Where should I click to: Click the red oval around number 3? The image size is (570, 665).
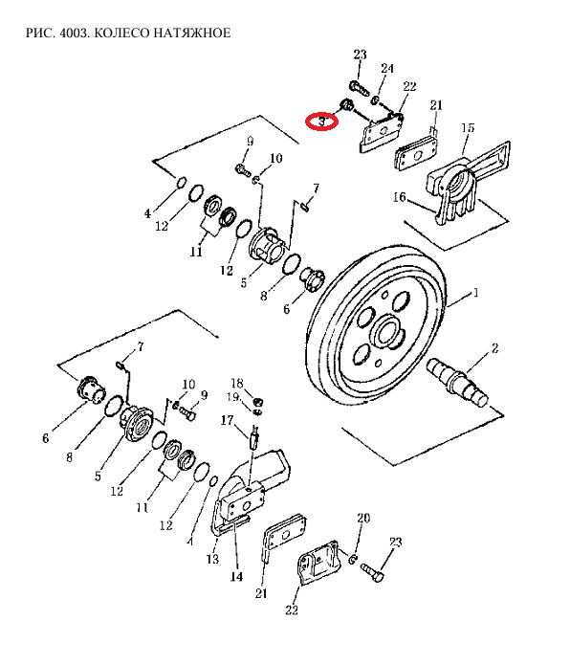click(x=321, y=122)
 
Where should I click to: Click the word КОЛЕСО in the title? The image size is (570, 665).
click(x=121, y=33)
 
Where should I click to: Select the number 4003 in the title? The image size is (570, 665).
click(x=74, y=33)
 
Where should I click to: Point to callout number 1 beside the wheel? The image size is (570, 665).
click(x=475, y=293)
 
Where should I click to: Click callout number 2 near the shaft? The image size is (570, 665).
click(x=494, y=348)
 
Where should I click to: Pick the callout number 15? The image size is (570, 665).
click(x=468, y=127)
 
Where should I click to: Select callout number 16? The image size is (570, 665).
click(x=399, y=197)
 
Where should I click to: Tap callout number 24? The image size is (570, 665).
click(x=387, y=68)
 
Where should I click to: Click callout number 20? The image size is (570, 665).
click(x=363, y=518)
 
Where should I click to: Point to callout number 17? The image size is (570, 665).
click(x=227, y=420)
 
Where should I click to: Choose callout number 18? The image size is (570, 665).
click(x=237, y=384)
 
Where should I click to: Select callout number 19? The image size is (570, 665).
click(x=232, y=397)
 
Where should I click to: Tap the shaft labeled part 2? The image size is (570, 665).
click(x=458, y=381)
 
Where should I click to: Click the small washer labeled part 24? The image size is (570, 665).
click(x=375, y=100)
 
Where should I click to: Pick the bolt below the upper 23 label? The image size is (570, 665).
click(x=358, y=88)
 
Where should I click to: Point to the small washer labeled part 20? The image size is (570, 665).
click(x=353, y=559)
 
